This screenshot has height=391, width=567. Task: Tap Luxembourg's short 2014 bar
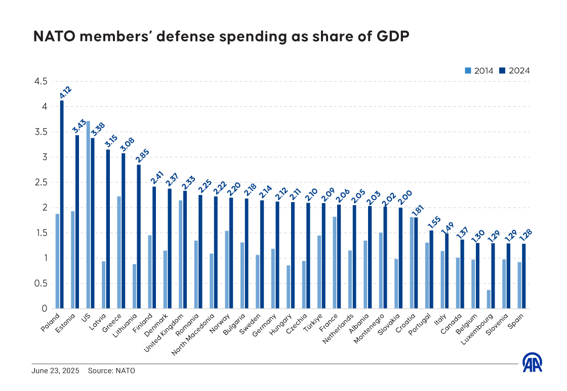coord(489,299)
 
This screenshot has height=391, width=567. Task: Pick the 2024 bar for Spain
coord(524,276)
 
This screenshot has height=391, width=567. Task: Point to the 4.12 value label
coord(65,92)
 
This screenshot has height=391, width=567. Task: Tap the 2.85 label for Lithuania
coord(142,156)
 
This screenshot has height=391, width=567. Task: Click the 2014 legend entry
coord(479,71)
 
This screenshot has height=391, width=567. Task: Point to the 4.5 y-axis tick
coord(40,82)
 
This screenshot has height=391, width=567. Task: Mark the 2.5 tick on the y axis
coord(40,182)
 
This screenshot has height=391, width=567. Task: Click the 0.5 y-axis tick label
coord(40,283)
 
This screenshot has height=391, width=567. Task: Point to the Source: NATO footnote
coord(111,371)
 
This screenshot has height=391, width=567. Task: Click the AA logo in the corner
coord(533,362)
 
